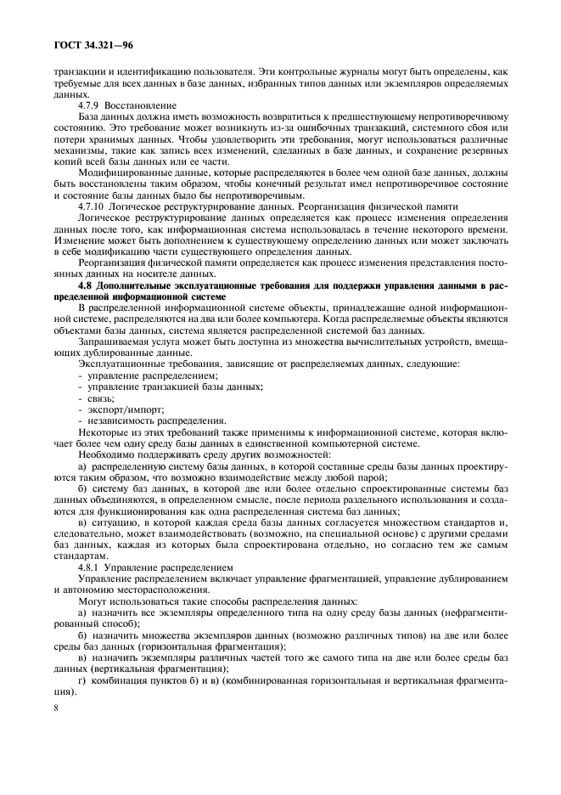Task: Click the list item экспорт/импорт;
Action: coord(119,409)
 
